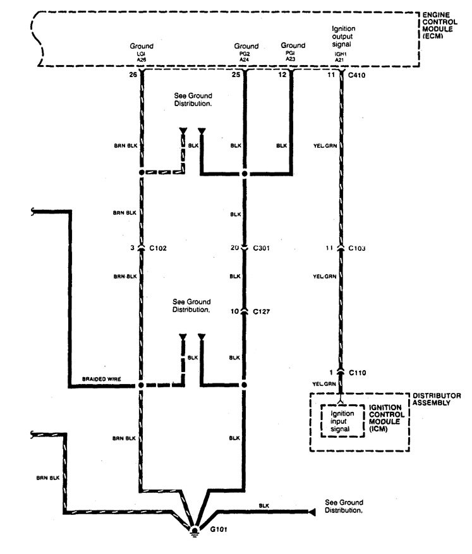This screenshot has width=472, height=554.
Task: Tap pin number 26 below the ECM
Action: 133,75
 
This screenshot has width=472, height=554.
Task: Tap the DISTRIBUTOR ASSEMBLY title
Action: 436,399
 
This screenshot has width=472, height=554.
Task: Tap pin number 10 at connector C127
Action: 234,311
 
